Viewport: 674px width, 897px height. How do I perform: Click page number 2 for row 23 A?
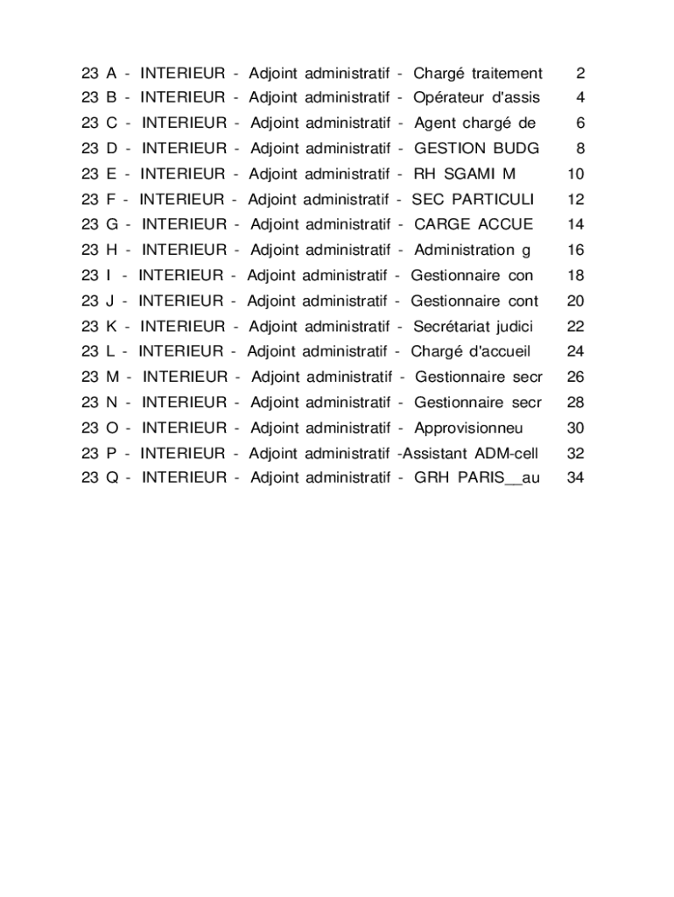coord(580,73)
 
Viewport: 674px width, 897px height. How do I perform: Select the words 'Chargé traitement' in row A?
coord(477,73)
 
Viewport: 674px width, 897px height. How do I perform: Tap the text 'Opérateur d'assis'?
coord(476,97)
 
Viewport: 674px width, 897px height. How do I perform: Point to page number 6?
coord(580,124)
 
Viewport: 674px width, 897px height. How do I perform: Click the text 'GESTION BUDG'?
coord(476,149)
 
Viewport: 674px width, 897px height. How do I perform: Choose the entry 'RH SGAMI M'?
coord(464,174)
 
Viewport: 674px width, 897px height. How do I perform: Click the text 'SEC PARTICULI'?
coord(472,200)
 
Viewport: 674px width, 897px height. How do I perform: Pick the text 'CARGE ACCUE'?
coord(473,224)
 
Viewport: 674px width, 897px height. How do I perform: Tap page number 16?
coord(575,251)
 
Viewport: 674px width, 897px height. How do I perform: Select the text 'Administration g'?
coord(472,251)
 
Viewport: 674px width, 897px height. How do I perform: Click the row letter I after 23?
coord(109,276)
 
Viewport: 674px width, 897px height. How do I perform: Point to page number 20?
coord(575,301)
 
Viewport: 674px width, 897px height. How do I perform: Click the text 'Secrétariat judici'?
coord(474,327)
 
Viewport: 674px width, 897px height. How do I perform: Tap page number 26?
coord(575,378)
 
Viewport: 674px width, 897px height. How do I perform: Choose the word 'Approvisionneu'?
coord(468,428)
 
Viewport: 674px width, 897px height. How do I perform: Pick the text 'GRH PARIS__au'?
coord(477,478)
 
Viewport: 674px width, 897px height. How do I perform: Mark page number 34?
coord(575,478)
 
